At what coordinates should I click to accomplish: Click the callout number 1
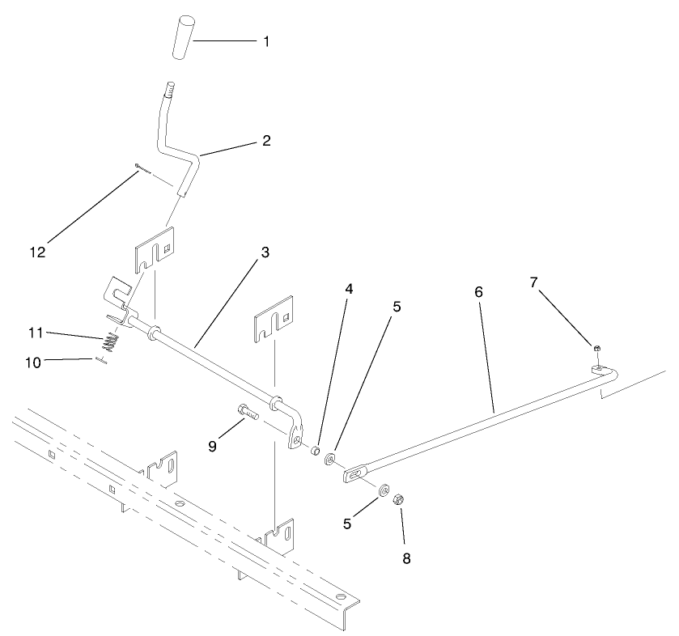pos(265,40)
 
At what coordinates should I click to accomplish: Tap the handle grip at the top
pos(185,36)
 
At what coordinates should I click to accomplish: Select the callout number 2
pos(265,140)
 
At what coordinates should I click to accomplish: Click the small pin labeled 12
pos(142,167)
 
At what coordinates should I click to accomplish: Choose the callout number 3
pos(265,252)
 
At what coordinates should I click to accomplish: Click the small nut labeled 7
pos(596,347)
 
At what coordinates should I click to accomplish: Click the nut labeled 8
pos(398,500)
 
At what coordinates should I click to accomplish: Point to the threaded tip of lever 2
pos(171,87)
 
